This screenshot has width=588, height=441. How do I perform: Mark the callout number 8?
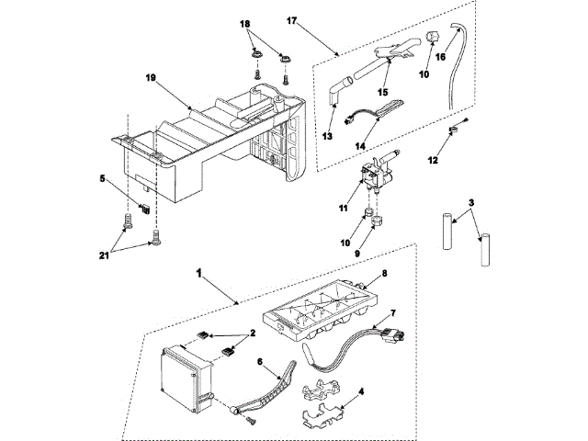pyautogui.click(x=385, y=274)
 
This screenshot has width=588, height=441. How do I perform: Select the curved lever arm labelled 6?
pyautogui.click(x=271, y=390)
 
